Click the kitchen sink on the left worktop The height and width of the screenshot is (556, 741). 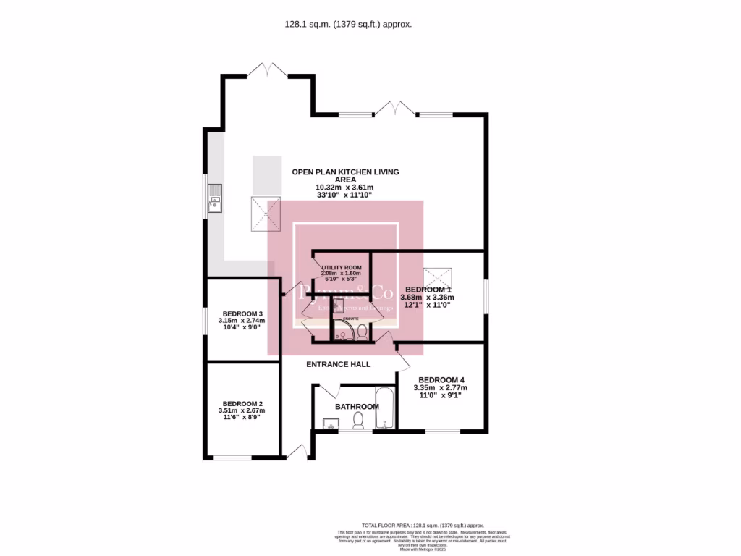(215, 198)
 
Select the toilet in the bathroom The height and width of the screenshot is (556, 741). (356, 420)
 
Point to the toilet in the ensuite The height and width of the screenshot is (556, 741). (362, 331)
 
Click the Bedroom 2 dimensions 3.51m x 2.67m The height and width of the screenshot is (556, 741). (242, 410)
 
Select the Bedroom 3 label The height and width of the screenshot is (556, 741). (242, 313)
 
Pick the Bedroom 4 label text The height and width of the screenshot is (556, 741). (441, 379)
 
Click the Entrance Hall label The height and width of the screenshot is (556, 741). (338, 364)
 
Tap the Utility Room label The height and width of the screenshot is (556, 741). (340, 268)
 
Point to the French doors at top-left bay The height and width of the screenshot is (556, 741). (267, 70)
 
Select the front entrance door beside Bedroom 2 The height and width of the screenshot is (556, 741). (297, 452)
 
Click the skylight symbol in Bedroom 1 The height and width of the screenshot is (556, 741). (436, 276)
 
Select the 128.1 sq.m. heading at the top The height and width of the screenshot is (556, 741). (348, 24)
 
